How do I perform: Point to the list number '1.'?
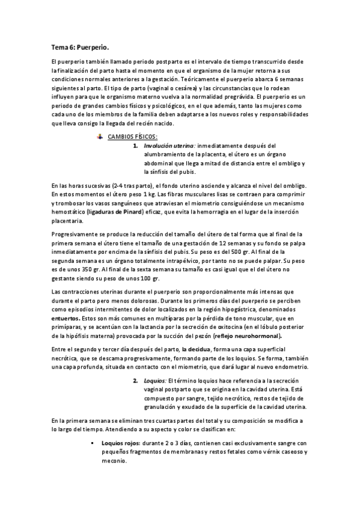pyautogui.click(x=137, y=146)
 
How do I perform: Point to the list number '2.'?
pyautogui.click(x=136, y=381)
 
